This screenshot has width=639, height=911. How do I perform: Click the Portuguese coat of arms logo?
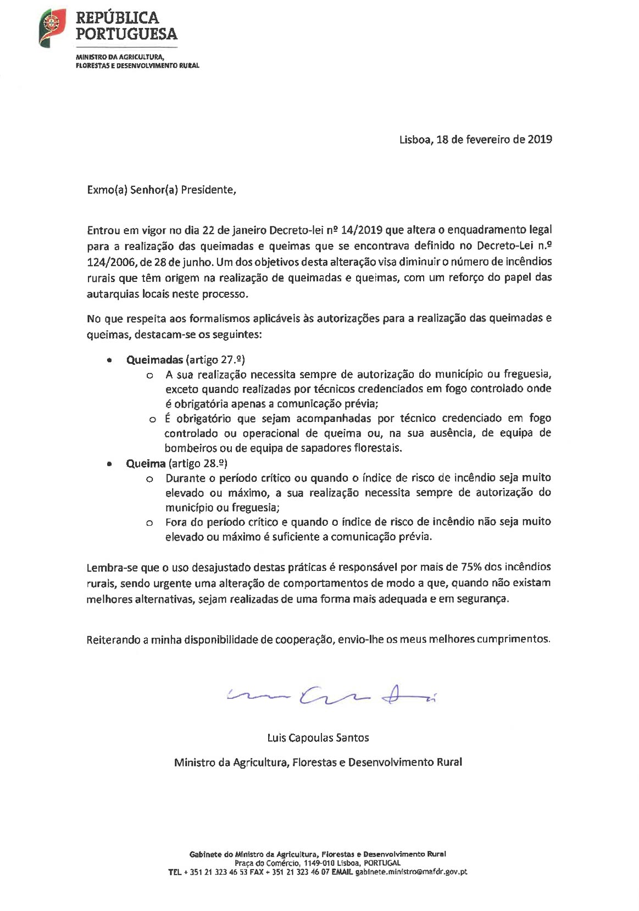52,27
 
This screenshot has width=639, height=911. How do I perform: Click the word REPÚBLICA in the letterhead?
117,18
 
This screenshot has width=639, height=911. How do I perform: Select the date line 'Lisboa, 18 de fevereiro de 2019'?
475,139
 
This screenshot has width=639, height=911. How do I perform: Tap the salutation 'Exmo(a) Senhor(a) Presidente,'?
162,190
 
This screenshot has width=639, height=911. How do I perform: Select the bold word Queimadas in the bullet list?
154,360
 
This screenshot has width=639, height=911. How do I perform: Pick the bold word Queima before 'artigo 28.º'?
146,463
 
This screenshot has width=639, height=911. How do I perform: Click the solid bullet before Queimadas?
110,360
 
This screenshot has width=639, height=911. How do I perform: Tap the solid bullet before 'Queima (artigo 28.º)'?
110,464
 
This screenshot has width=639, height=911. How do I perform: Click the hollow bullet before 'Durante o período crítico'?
149,479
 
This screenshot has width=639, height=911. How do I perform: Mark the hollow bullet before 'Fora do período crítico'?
149,523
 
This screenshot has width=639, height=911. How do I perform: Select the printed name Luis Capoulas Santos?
318,738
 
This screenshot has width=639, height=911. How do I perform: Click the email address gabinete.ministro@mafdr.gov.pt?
411,871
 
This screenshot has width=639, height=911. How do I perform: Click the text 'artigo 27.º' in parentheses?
215,360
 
